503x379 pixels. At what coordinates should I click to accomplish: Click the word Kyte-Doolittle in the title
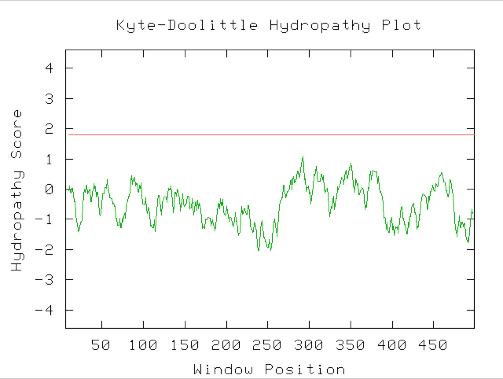click(x=187, y=26)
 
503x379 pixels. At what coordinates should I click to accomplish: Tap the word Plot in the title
click(x=401, y=26)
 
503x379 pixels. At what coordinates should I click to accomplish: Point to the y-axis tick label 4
click(x=49, y=68)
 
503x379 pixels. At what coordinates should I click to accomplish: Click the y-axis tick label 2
click(x=49, y=129)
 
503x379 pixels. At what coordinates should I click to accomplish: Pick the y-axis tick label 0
click(x=49, y=189)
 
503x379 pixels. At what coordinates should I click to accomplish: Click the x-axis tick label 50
click(x=101, y=345)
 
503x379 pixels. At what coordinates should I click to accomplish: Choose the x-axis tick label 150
click(x=184, y=345)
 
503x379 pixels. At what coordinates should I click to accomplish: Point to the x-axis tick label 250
click(x=267, y=345)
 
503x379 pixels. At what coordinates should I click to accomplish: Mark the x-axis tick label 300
click(x=309, y=345)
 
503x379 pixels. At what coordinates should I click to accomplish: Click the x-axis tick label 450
click(x=433, y=345)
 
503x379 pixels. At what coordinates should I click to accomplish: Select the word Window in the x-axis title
click(x=223, y=370)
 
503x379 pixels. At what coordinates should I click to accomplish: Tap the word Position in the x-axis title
click(x=305, y=370)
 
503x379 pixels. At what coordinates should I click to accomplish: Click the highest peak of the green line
click(x=303, y=156)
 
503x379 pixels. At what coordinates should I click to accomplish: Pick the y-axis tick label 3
click(x=49, y=98)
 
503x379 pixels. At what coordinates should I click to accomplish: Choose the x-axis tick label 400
click(x=392, y=345)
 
